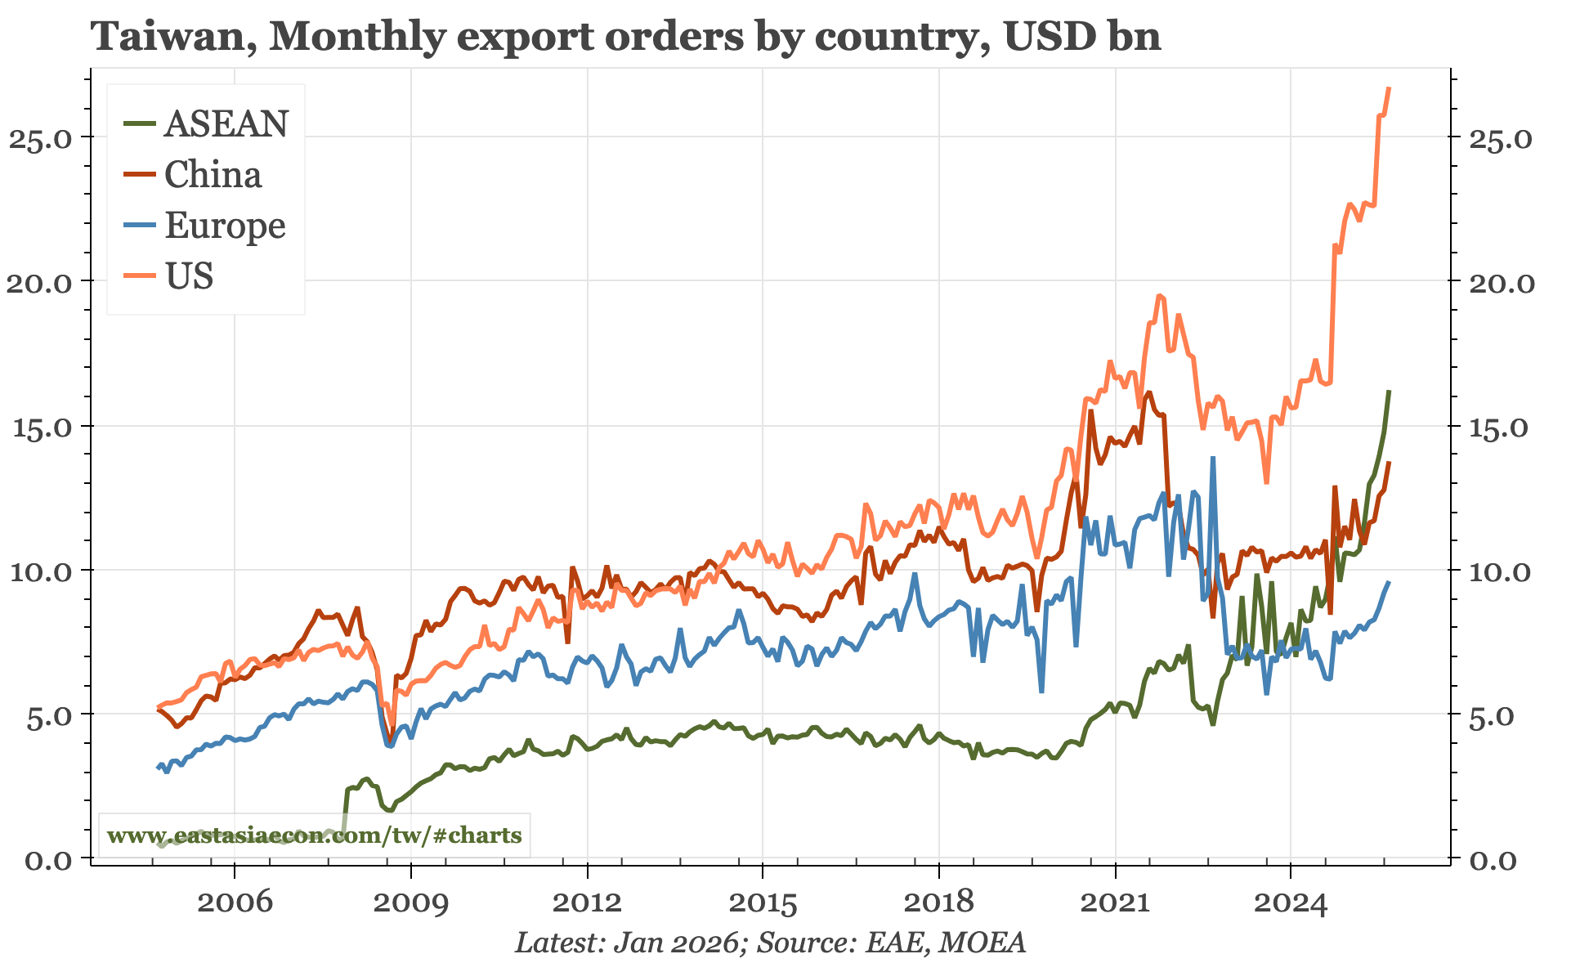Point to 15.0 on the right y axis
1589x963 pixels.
pyautogui.click(x=1501, y=427)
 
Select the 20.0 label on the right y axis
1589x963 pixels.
pyautogui.click(x=1501, y=282)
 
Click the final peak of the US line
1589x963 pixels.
pyautogui.click(x=1389, y=88)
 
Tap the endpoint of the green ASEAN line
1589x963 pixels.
pyautogui.click(x=1389, y=392)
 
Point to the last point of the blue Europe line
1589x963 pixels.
pyautogui.click(x=1389, y=582)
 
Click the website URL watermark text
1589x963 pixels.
pyautogui.click(x=314, y=835)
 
